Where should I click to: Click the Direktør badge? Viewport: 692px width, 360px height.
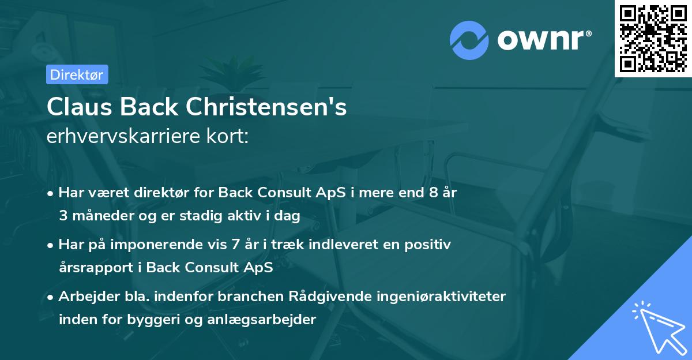[x=77, y=74]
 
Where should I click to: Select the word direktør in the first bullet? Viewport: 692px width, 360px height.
[x=157, y=193]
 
